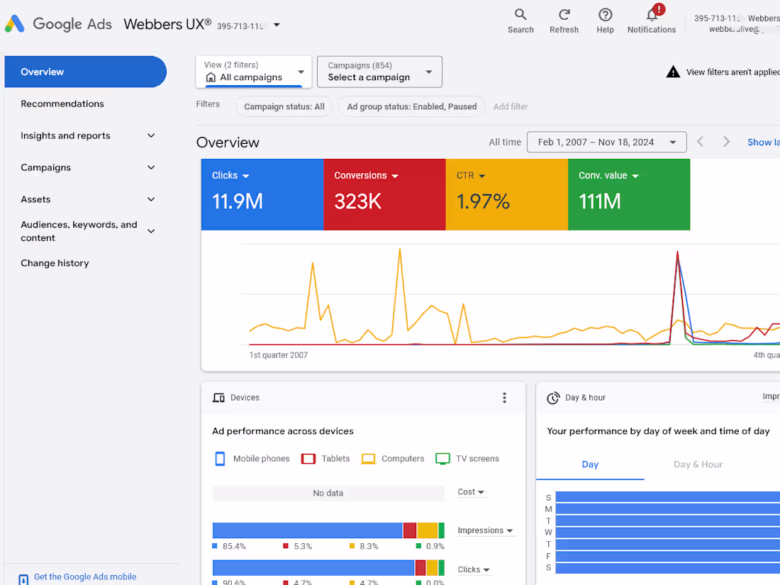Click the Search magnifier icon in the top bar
tap(520, 15)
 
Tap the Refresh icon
tap(564, 15)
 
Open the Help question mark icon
tap(605, 15)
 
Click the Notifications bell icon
tap(652, 15)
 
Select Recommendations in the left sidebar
tap(62, 104)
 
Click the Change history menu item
tap(55, 263)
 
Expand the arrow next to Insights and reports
tap(151, 135)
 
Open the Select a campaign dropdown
tap(379, 72)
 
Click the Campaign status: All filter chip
tap(284, 106)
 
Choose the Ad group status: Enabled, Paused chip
tap(411, 106)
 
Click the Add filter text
tap(511, 106)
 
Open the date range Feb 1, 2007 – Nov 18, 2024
tap(606, 142)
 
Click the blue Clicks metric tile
tap(262, 194)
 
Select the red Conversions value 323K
tap(357, 201)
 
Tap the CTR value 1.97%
tap(483, 201)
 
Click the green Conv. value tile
tap(628, 194)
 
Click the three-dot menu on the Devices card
tap(504, 398)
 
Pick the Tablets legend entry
tap(326, 459)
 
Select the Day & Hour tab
tap(698, 464)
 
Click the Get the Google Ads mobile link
tap(85, 576)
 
